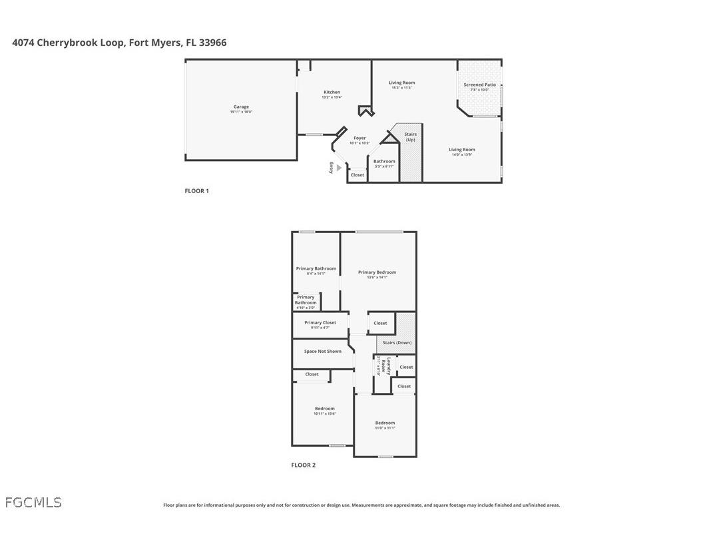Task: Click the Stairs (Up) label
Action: tap(410, 136)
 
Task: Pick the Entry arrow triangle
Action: tap(339, 168)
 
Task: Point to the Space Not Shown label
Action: tap(323, 352)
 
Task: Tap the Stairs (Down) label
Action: tap(397, 343)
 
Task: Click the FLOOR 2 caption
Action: tap(304, 465)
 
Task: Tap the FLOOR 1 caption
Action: tap(197, 191)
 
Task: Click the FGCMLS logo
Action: tap(33, 503)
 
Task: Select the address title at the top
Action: tap(119, 43)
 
